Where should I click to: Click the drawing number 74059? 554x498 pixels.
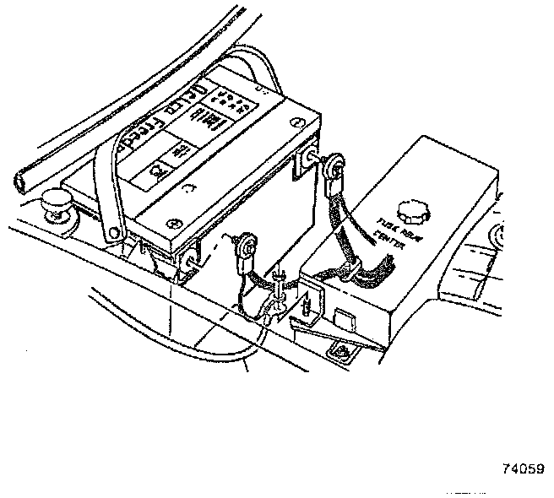coord(522,469)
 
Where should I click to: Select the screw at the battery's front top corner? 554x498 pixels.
coord(173,223)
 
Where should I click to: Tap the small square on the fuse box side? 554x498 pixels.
coord(344,319)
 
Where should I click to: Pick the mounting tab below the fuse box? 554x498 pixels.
coord(341,349)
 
